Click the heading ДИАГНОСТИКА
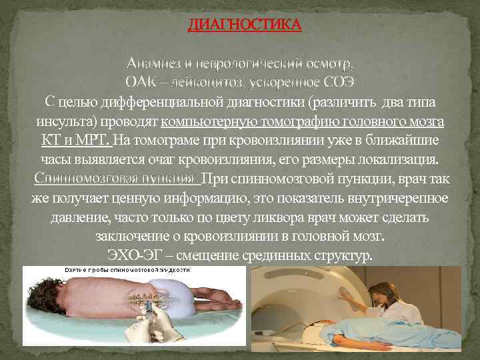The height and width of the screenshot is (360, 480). point(245,25)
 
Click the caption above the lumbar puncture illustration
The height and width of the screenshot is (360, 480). point(127,271)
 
